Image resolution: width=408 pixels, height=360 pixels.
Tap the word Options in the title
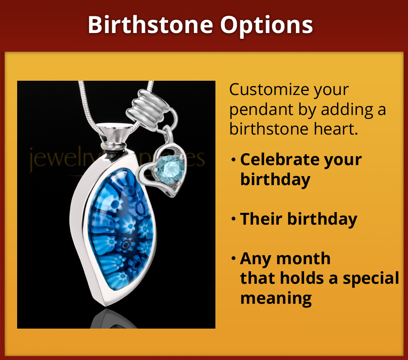pyautogui.click(x=267, y=25)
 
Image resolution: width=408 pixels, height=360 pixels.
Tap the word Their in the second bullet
pyautogui.click(x=260, y=219)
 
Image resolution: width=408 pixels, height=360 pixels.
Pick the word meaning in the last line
pyautogui.click(x=276, y=298)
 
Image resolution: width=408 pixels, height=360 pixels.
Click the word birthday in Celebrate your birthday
pyautogui.click(x=275, y=179)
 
